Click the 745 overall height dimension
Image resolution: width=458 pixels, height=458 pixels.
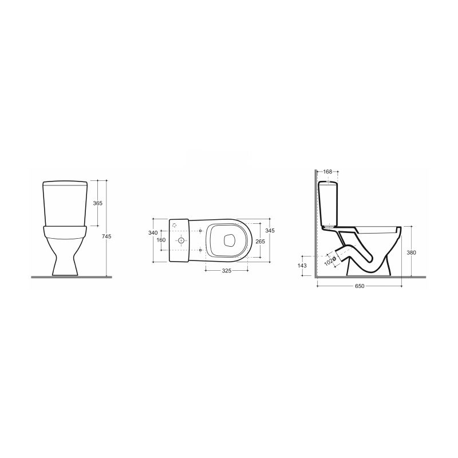click(106, 236)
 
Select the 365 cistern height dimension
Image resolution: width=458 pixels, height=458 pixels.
click(97, 203)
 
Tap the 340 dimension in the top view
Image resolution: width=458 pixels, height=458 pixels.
click(153, 233)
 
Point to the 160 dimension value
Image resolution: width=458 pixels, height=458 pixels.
click(161, 240)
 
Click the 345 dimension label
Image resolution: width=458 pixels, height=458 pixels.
click(270, 231)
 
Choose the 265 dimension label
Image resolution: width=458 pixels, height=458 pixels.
click(260, 241)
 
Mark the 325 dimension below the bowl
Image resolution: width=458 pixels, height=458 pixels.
click(227, 271)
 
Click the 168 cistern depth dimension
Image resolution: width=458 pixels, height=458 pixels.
click(328, 172)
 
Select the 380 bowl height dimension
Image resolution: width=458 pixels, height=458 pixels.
click(411, 252)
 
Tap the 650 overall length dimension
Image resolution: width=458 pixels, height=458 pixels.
click(360, 286)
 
